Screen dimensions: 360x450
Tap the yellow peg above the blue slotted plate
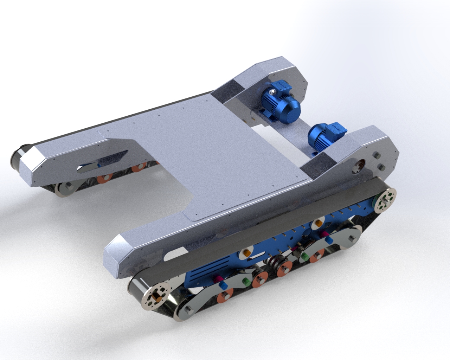point(246,253)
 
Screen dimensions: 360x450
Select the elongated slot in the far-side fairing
point(102,162)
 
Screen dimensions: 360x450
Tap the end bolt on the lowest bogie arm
point(188,310)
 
